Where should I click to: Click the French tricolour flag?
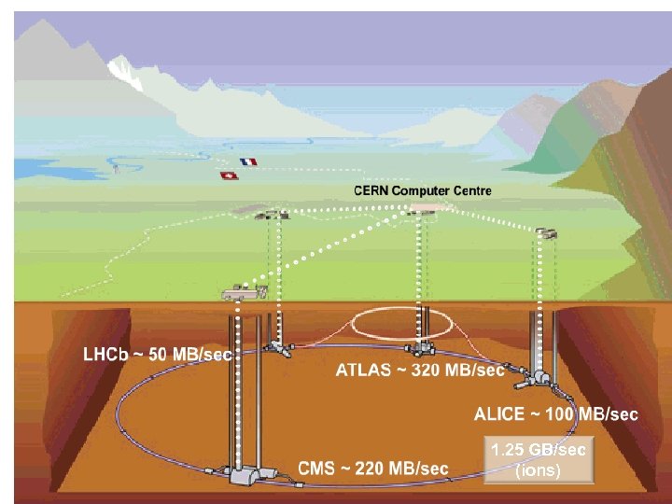click(248, 161)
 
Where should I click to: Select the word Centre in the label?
click(470, 190)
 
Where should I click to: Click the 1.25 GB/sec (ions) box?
click(539, 460)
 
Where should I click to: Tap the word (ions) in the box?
click(539, 470)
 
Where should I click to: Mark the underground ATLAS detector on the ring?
click(425, 348)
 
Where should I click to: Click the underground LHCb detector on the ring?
click(276, 347)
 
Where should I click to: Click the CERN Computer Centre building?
click(426, 208)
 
